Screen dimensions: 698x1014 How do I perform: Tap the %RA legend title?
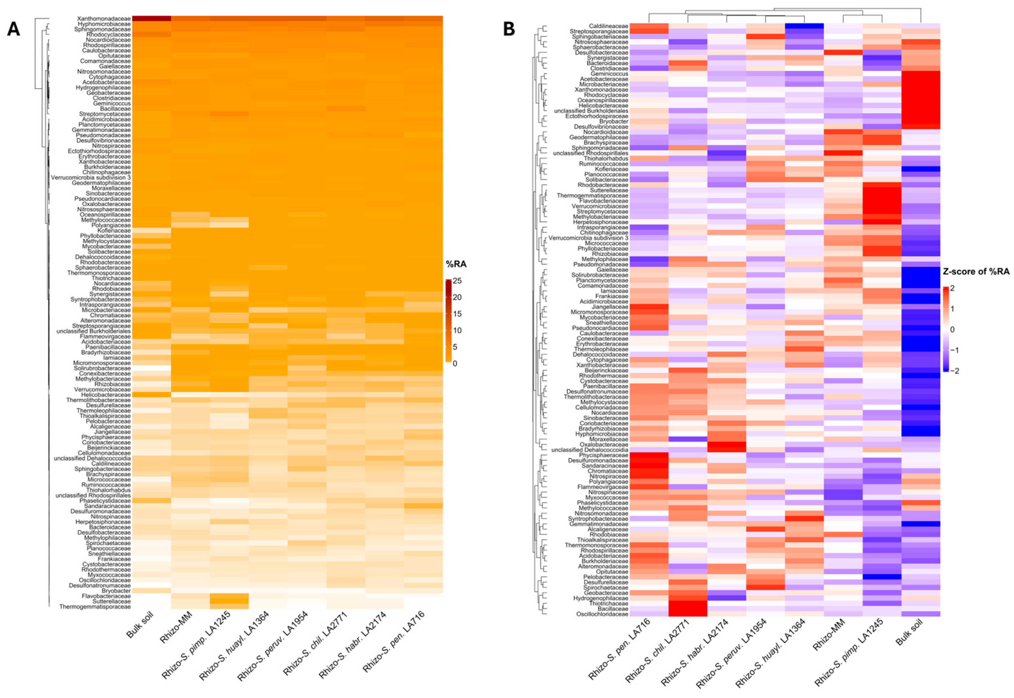point(456,264)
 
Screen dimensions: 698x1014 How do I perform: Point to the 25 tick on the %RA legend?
point(457,281)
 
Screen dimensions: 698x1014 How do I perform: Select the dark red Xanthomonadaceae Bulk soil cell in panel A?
point(151,18)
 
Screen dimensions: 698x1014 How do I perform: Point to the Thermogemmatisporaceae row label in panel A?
point(95,607)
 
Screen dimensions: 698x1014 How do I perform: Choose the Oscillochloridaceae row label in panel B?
point(602,614)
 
